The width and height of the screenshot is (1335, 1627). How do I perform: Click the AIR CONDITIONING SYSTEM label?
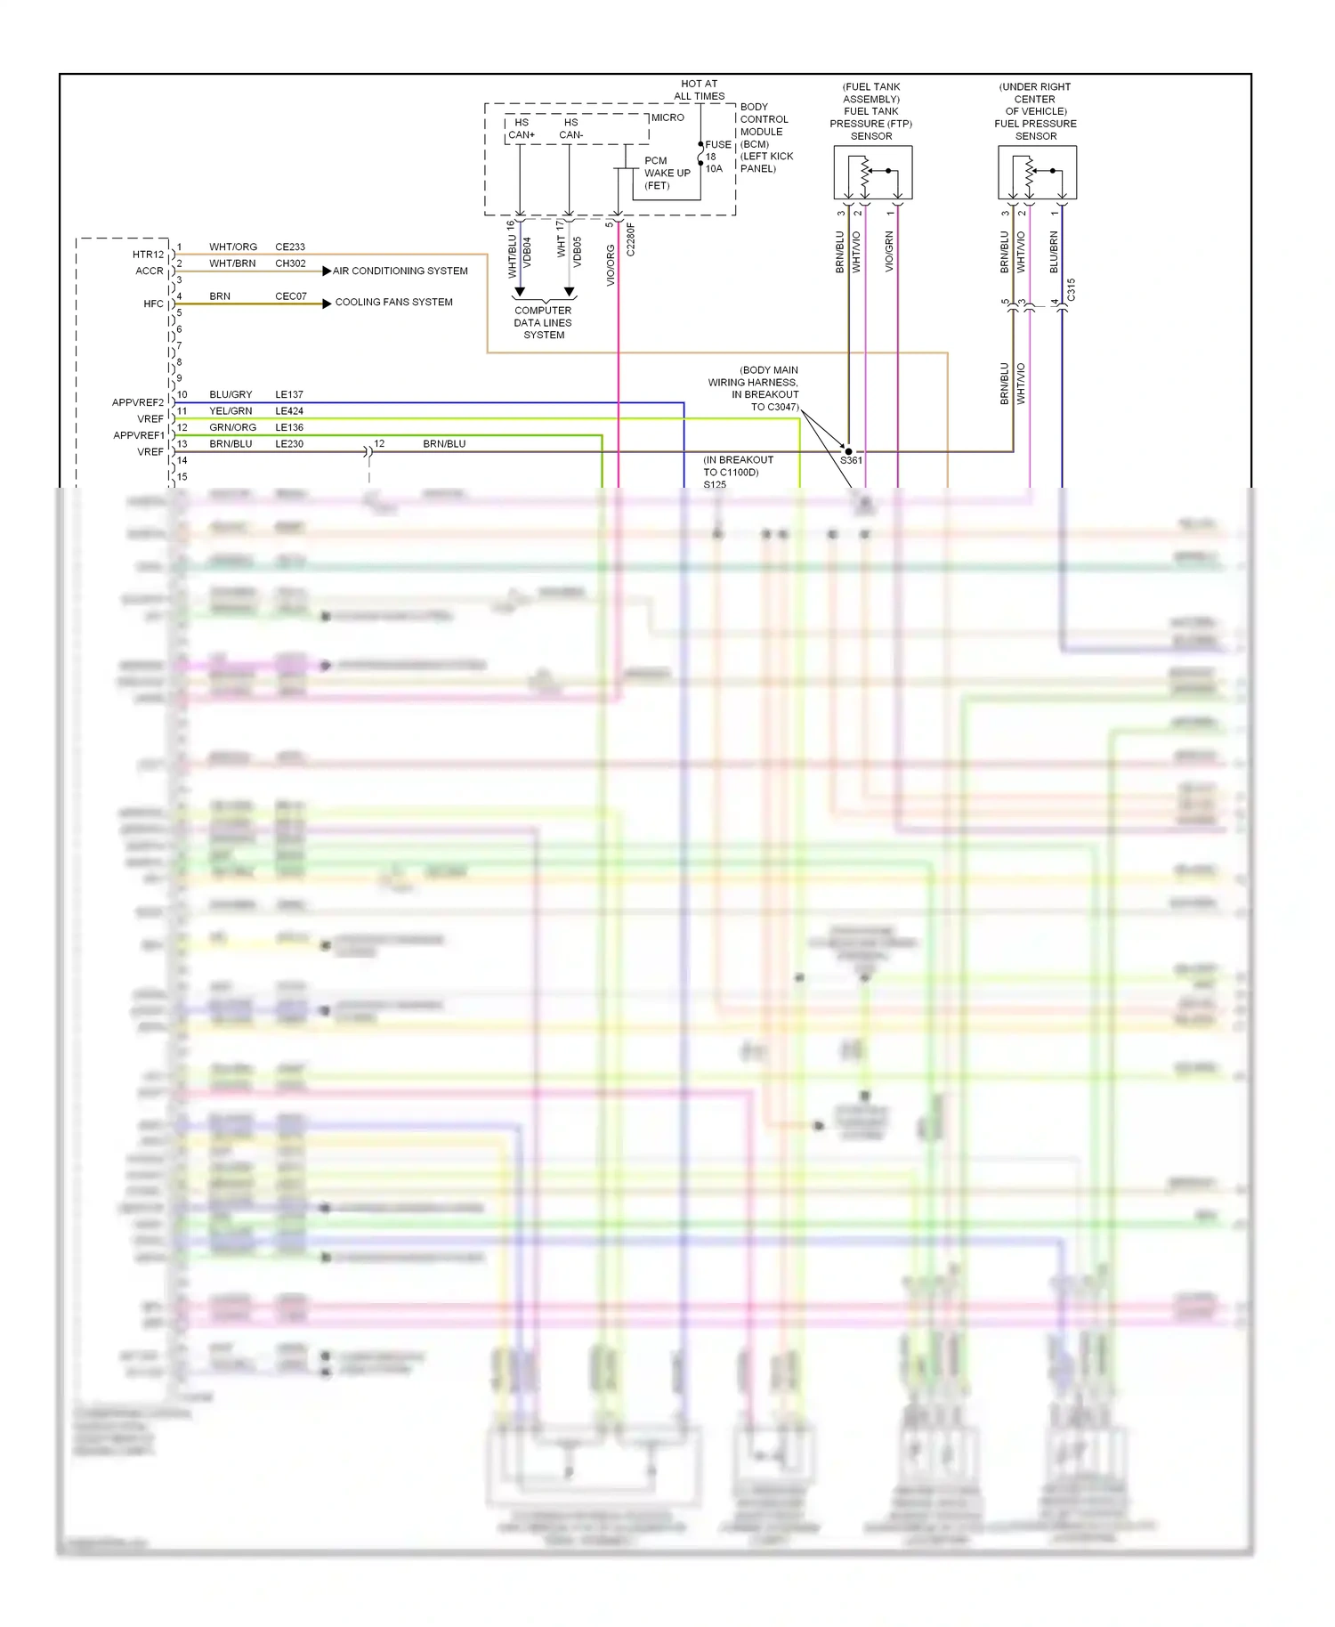(400, 271)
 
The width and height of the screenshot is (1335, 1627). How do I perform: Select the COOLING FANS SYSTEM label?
(393, 302)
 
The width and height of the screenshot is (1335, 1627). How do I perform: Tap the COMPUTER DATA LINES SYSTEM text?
(543, 322)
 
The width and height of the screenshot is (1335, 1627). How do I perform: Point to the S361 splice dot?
(848, 451)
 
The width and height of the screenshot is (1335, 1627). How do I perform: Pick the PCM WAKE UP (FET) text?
(667, 173)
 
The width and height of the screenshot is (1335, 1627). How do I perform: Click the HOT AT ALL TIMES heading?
(700, 90)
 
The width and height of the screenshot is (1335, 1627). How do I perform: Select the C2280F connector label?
(630, 239)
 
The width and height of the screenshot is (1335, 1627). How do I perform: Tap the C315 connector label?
(1071, 289)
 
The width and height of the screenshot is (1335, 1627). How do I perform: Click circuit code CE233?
(290, 247)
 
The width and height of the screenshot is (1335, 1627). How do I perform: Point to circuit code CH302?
(290, 263)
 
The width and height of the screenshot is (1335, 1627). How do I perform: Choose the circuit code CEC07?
(291, 296)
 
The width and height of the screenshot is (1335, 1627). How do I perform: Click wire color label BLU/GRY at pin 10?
(231, 394)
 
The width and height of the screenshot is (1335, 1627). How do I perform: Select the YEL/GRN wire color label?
(231, 411)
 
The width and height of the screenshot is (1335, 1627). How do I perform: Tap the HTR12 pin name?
(148, 255)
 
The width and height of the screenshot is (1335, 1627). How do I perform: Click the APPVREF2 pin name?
(138, 402)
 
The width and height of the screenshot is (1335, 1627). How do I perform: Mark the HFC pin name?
(153, 304)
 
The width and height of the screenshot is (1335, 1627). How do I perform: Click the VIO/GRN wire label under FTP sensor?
(889, 251)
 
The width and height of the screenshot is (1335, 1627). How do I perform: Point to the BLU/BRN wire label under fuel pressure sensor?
(1054, 252)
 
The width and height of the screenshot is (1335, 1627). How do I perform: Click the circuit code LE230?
(289, 443)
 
